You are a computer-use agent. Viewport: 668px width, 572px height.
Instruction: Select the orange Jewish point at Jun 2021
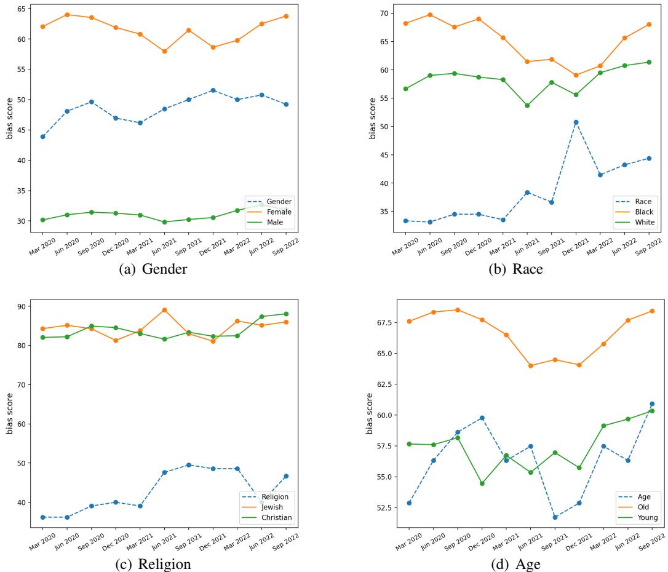(164, 310)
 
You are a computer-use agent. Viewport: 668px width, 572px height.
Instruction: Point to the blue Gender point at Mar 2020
(43, 137)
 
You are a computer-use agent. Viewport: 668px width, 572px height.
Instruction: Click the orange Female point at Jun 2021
(164, 52)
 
